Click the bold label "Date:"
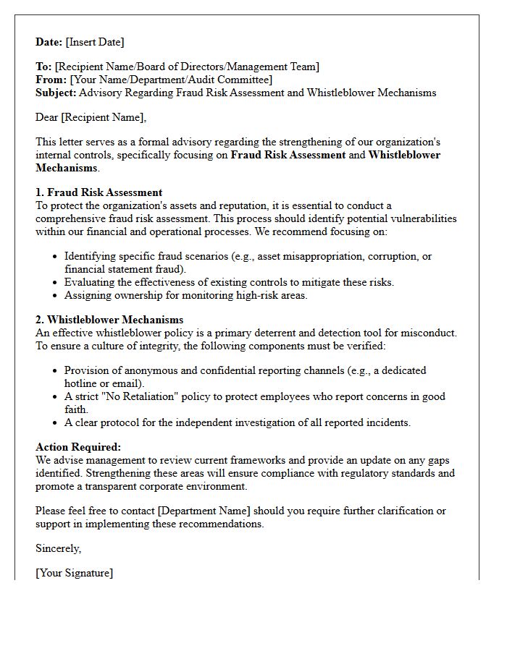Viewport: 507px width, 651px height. tap(49, 42)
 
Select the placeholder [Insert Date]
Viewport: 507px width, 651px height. tap(95, 42)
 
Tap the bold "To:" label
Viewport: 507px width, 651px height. tap(43, 67)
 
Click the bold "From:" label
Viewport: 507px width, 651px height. tap(51, 80)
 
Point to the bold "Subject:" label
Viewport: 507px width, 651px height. tap(56, 93)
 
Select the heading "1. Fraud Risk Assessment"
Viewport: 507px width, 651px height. tap(99, 192)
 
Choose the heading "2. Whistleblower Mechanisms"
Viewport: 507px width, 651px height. tap(109, 320)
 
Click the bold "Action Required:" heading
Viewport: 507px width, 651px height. tap(78, 447)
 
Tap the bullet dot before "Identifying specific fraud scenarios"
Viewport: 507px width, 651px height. tap(56, 257)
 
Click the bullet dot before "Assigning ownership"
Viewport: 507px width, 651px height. tap(56, 296)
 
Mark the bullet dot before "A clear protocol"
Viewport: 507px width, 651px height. tap(56, 423)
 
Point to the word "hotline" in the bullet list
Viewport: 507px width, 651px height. tap(82, 383)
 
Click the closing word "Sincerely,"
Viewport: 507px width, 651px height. tap(58, 548)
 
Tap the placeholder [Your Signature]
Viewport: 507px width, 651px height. tap(74, 573)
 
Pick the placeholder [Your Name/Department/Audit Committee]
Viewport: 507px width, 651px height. tap(171, 80)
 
